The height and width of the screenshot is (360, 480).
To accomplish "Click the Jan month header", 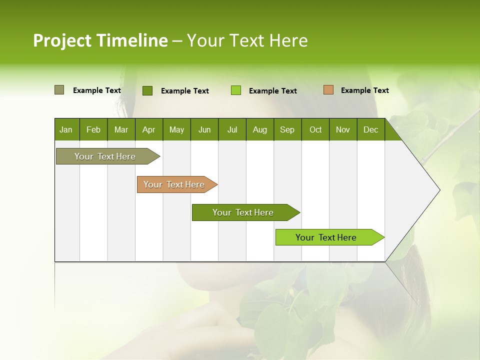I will pos(66,129).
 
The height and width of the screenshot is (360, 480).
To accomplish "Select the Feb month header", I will pos(93,129).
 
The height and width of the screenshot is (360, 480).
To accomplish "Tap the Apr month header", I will pos(149,129).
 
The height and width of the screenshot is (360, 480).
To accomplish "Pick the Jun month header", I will pos(204,129).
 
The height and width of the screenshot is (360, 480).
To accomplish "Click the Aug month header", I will pos(260,129).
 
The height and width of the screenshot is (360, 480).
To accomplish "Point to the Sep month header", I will pos(287,129).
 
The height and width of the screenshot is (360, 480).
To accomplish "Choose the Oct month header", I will pos(315,129).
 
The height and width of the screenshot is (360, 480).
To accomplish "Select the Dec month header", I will pos(371,129).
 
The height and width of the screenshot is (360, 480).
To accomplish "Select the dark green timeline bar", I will pos(243,212).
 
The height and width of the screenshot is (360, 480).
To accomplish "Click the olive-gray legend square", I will pos(59,90).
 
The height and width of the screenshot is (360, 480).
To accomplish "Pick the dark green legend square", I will pos(147,90).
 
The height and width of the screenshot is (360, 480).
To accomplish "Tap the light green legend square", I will pos(236,90).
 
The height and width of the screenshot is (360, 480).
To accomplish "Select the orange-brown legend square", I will pos(328,90).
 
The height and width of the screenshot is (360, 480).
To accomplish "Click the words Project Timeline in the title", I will pos(100,40).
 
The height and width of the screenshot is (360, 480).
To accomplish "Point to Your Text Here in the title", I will pos(247,40).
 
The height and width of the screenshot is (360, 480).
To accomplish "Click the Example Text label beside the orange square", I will pos(364,90).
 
